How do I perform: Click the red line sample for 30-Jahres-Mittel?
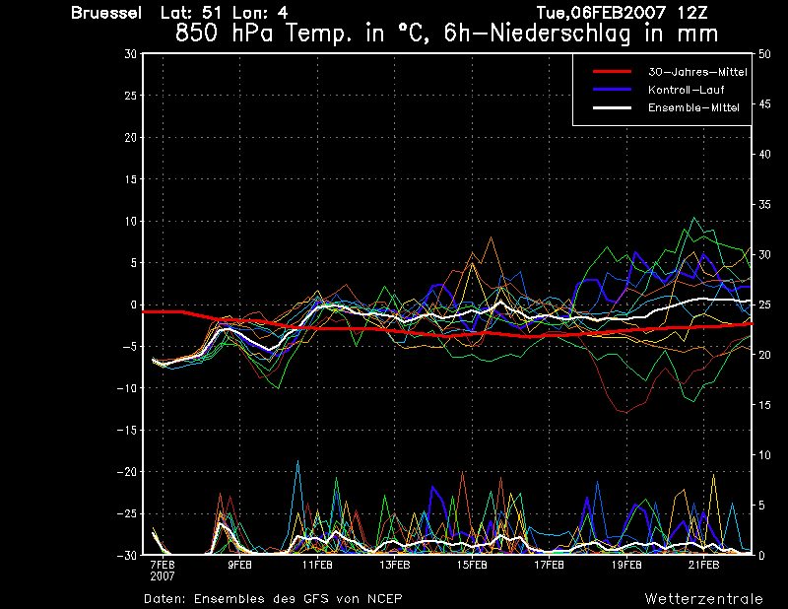point(612,72)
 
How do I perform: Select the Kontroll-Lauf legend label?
point(686,90)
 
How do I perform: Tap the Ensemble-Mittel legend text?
point(693,107)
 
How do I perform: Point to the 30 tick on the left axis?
point(131,53)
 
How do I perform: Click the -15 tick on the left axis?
point(127,430)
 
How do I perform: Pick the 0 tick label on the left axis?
point(134,304)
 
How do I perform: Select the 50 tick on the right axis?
point(764,54)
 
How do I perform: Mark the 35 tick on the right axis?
point(764,204)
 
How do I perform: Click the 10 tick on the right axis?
point(764,455)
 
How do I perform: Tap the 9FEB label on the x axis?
point(239,565)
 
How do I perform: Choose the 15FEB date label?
point(472,565)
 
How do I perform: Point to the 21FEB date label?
point(703,565)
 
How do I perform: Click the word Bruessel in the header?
point(106,13)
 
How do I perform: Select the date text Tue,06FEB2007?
point(601,13)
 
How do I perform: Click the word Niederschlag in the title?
point(559,34)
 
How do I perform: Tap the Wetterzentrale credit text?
point(703,599)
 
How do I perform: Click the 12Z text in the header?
point(692,13)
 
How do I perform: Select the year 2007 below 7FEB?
point(163,575)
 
